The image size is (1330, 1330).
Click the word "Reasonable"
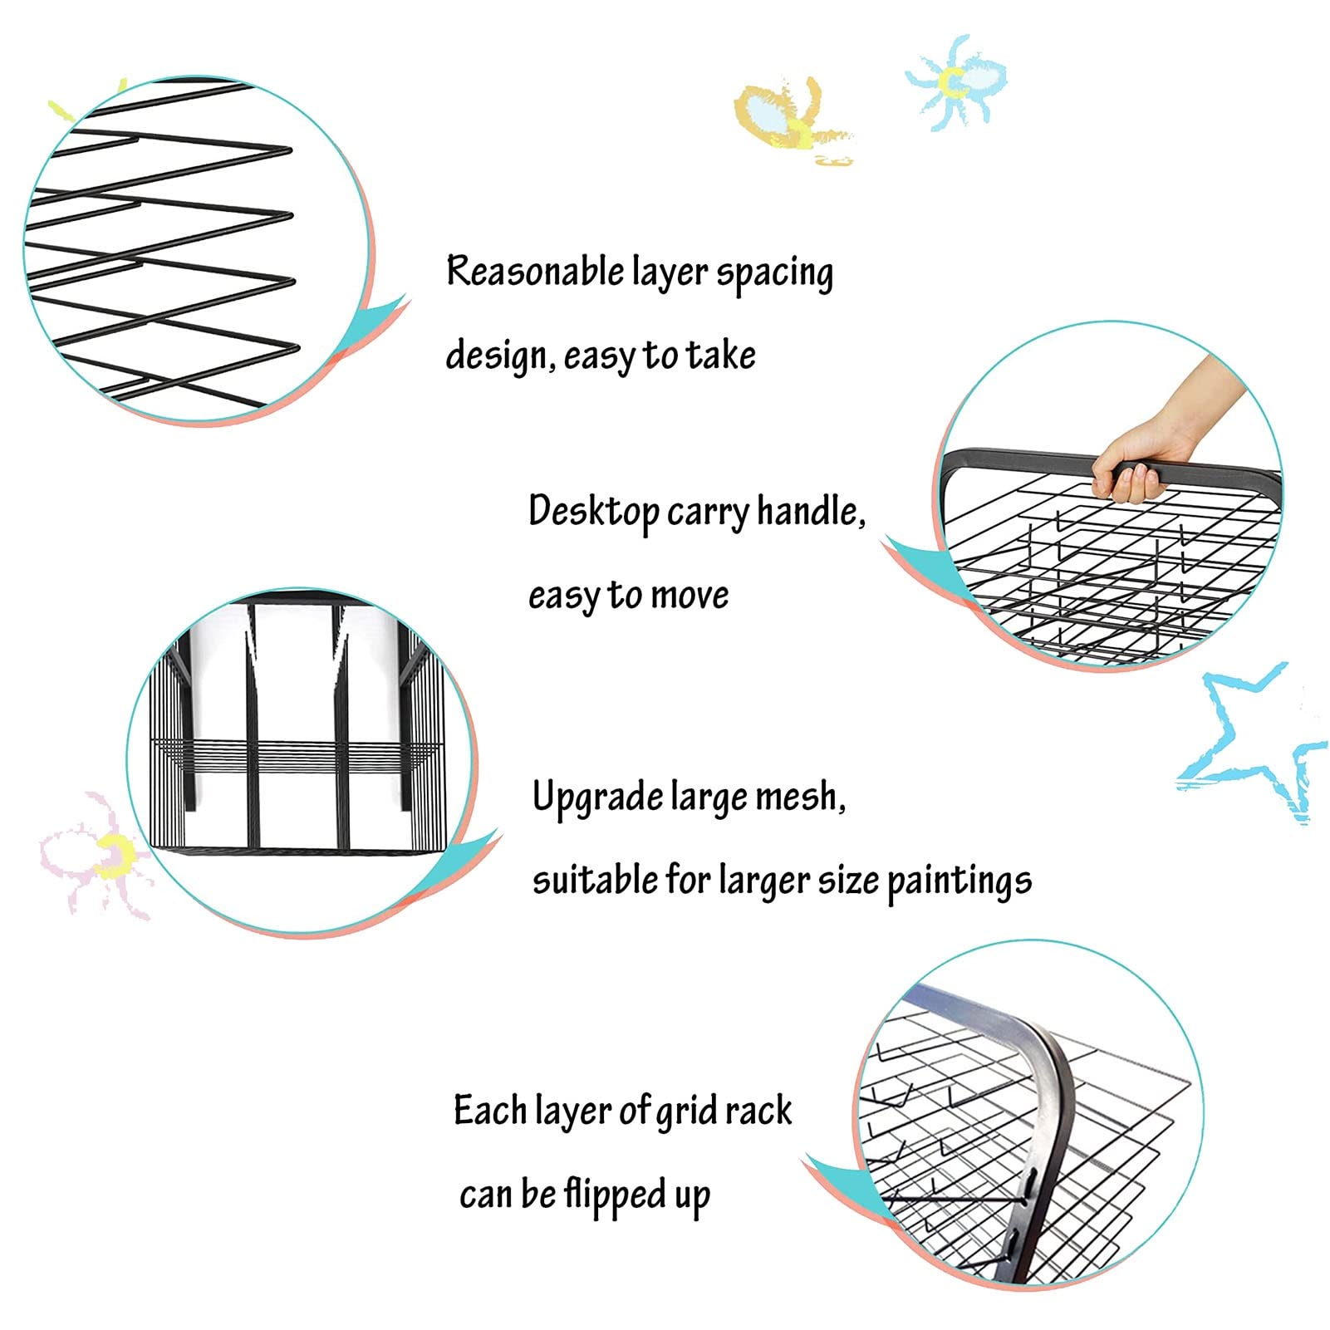(x=535, y=271)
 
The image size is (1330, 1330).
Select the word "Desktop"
(x=594, y=512)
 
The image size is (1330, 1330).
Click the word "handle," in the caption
(x=811, y=510)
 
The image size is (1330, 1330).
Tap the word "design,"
(x=502, y=355)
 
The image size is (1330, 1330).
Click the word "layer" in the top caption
(x=670, y=273)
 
